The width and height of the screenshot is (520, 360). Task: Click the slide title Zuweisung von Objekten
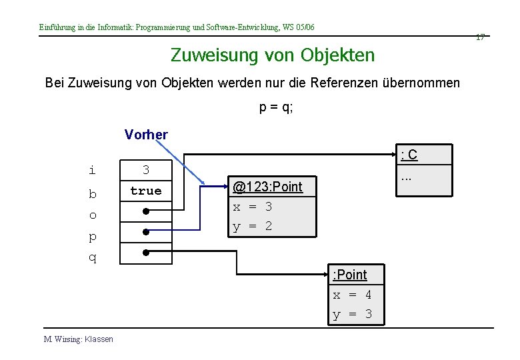click(273, 55)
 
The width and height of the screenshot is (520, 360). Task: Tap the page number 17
click(480, 37)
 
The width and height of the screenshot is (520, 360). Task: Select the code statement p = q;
click(276, 107)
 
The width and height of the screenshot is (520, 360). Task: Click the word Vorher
click(146, 135)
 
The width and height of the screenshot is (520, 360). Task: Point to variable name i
click(92, 171)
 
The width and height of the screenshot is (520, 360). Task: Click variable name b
click(93, 195)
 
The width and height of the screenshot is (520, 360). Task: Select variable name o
click(93, 215)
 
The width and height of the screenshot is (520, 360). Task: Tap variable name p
click(93, 237)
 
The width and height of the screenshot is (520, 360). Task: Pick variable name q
click(93, 257)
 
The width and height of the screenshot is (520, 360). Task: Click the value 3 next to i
click(146, 171)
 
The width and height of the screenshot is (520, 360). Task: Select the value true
click(146, 191)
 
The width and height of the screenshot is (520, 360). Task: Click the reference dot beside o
click(145, 211)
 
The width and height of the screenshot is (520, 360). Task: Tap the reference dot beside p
click(145, 233)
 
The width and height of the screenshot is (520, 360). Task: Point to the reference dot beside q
click(145, 253)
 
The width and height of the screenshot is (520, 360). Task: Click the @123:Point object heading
click(267, 187)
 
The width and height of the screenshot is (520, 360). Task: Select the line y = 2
click(252, 227)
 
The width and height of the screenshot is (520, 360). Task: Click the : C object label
click(409, 155)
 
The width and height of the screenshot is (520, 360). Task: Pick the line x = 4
click(353, 295)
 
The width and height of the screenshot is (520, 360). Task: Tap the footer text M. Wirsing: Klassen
click(79, 339)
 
